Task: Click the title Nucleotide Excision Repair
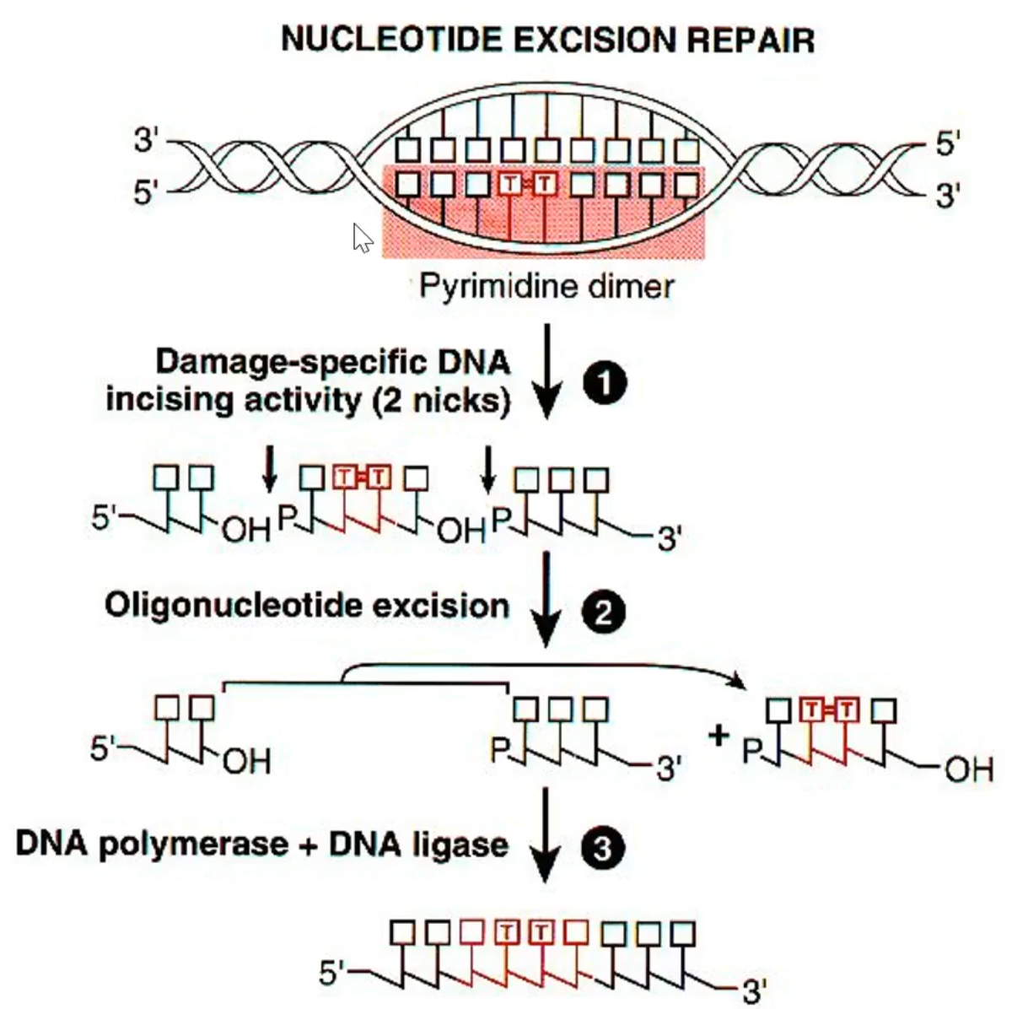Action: [547, 39]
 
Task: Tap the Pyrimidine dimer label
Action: [546, 286]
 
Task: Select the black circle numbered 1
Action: [604, 385]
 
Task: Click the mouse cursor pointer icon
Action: [362, 238]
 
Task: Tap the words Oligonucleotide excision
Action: [307, 605]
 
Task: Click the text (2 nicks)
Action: [441, 399]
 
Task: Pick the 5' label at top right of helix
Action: [947, 144]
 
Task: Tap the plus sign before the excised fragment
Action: [719, 735]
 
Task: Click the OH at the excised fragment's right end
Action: [969, 769]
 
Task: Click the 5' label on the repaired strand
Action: [334, 974]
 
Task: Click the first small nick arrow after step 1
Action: [269, 469]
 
